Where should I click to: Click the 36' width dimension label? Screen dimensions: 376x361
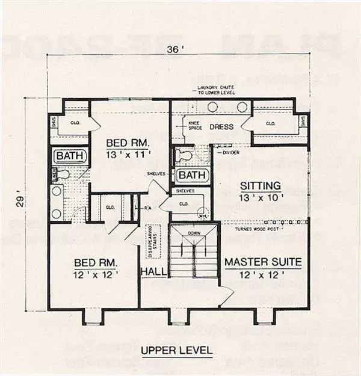(180, 51)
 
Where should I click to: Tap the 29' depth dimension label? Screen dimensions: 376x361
(21, 204)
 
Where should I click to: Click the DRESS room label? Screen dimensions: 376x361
(221, 127)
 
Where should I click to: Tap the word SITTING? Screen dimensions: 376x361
(261, 185)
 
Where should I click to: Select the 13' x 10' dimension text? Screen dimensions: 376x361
(261, 197)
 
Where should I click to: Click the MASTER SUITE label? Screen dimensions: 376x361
(263, 262)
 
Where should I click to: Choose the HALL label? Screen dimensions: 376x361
(153, 273)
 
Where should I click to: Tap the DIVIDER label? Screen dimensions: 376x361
(224, 152)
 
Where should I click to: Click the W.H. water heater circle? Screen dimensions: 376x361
(204, 214)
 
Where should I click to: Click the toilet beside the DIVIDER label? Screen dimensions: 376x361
(184, 155)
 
